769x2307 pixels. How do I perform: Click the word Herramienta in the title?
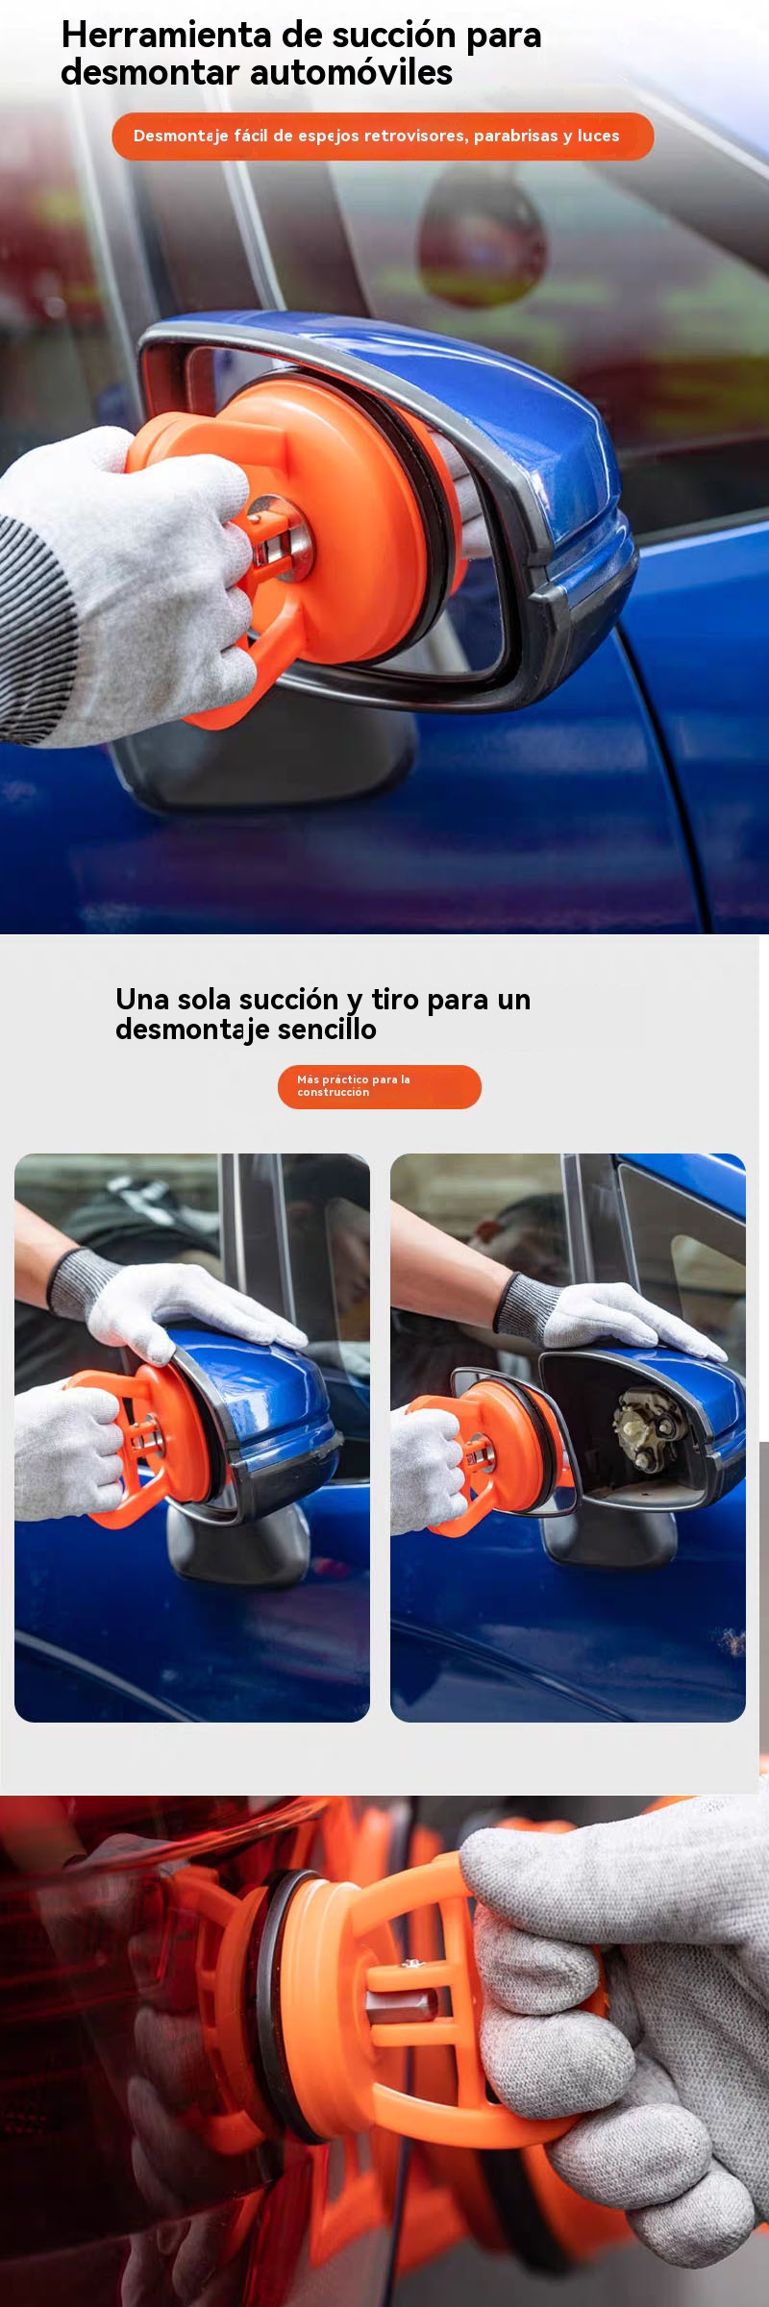(x=166, y=35)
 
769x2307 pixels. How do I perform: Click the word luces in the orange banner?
(x=599, y=136)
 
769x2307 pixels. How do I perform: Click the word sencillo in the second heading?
(x=327, y=1029)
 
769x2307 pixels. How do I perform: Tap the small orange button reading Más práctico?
(x=380, y=1086)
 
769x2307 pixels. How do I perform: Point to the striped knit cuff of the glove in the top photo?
(x=38, y=634)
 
